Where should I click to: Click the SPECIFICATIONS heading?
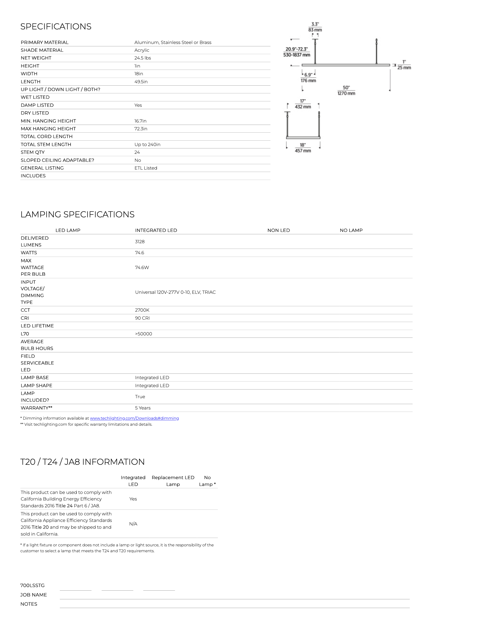coord(56,26)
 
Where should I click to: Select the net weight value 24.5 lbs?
coord(143,58)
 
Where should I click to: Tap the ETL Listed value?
coord(146,168)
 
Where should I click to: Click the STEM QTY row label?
coord(33,152)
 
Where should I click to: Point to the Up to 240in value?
coord(147,144)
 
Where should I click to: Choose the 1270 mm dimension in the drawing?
coord(346,93)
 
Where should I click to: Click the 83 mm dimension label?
coord(315,30)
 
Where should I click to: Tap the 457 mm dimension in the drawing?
coord(303,151)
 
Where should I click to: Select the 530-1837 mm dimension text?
coord(297,55)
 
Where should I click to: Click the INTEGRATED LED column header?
coord(156,230)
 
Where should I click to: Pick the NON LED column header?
coord(279,230)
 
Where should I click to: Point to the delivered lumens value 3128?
coord(140,242)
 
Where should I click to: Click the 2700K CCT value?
coord(142,310)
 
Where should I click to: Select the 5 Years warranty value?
coord(143,408)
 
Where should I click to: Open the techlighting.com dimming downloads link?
coord(134,418)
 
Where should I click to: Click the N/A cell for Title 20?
coord(133,524)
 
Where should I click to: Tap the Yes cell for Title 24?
coord(133,499)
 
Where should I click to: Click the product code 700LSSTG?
coord(32,586)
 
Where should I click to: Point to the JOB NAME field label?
coord(34,595)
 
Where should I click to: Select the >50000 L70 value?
coord(143,334)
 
